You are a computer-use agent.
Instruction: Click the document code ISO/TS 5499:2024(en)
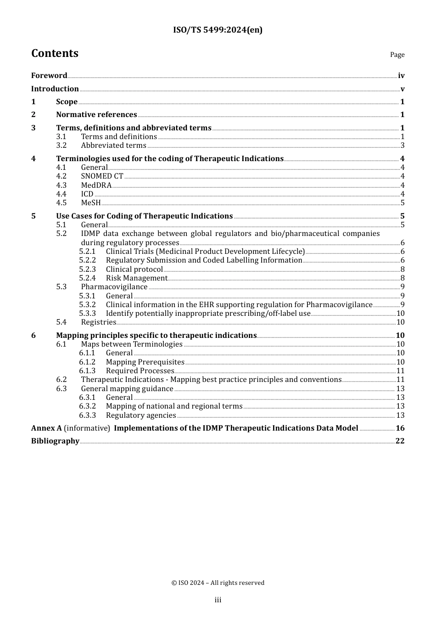(218, 30)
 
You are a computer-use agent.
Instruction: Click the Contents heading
(55, 54)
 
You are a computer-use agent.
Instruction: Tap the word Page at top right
(397, 55)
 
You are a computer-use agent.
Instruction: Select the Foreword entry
(49, 76)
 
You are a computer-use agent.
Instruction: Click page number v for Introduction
(402, 89)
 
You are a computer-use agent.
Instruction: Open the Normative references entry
(96, 115)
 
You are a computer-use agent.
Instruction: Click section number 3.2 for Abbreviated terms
(61, 146)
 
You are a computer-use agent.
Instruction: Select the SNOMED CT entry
(102, 176)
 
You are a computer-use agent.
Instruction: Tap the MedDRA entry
(96, 185)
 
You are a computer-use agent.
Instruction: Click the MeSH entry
(91, 203)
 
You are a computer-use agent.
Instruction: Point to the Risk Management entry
(136, 278)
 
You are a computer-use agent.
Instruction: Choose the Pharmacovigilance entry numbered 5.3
(114, 287)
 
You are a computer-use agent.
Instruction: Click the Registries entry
(98, 322)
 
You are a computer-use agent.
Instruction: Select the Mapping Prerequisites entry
(145, 362)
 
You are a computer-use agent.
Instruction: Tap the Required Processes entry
(140, 371)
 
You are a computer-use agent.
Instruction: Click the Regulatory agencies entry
(141, 415)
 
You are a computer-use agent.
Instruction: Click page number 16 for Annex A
(400, 428)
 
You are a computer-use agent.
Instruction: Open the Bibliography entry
(55, 441)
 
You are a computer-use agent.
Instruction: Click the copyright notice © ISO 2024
(218, 583)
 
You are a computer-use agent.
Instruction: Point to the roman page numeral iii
(218, 600)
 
